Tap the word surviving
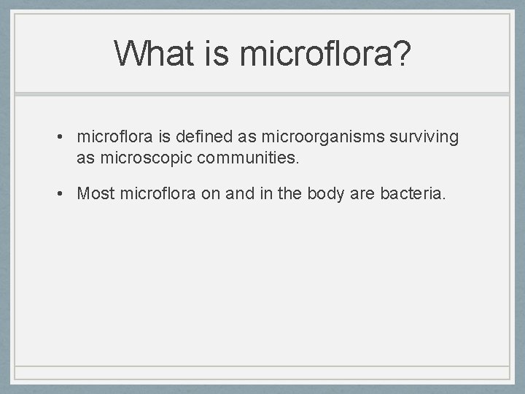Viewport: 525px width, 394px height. coord(428,136)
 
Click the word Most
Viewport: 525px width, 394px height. coord(96,193)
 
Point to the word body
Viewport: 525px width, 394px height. coord(338,193)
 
